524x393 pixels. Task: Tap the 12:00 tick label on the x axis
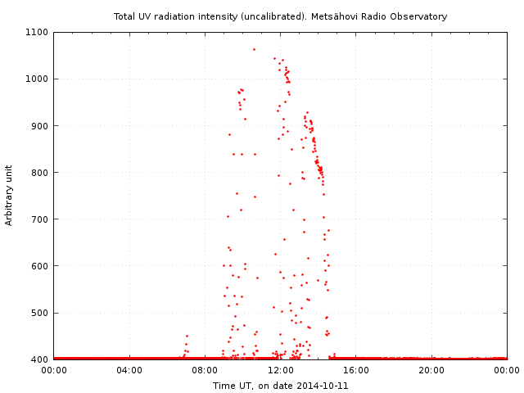(x=281, y=370)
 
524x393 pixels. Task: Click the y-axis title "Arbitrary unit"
(x=9, y=195)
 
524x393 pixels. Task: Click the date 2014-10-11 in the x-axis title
(x=323, y=385)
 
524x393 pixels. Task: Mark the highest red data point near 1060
(x=254, y=49)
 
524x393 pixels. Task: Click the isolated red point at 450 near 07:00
(x=187, y=336)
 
